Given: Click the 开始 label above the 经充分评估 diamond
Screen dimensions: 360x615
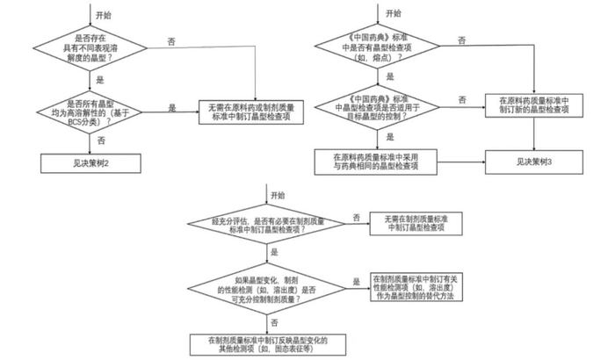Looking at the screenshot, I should coord(279,195).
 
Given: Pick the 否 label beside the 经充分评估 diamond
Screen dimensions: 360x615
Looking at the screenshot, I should coord(355,217).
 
